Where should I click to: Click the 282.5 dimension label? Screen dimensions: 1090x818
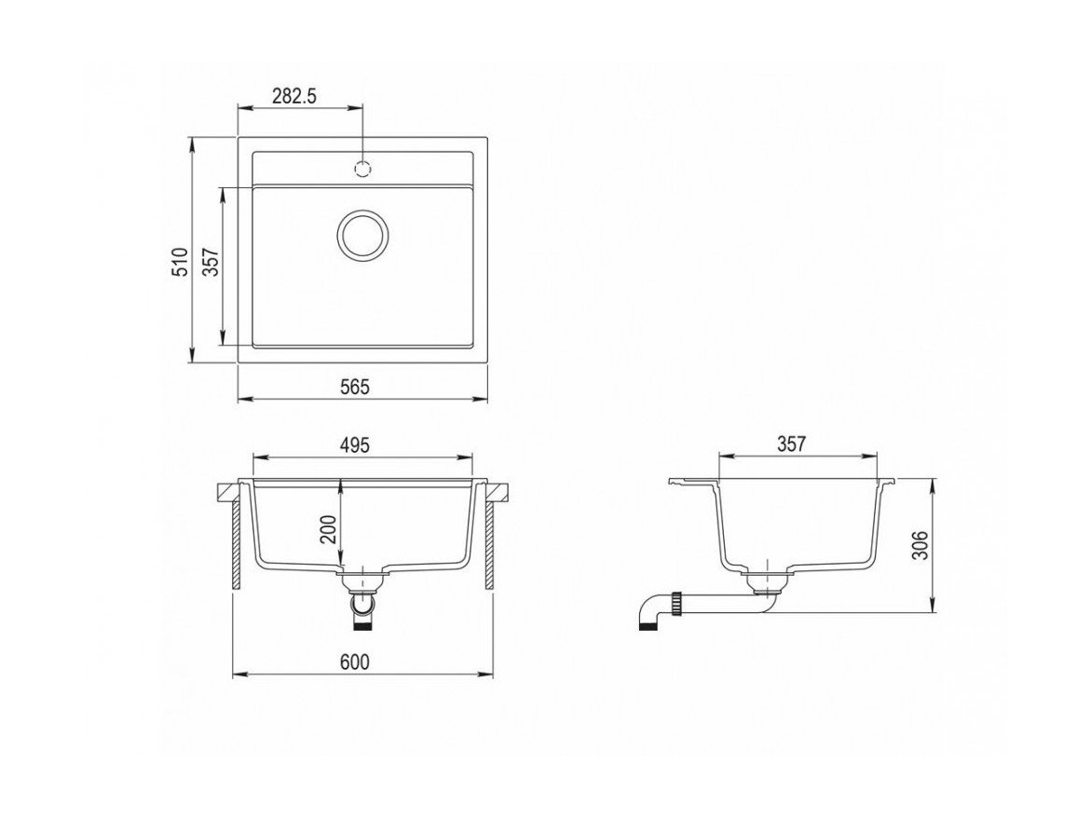[x=294, y=96]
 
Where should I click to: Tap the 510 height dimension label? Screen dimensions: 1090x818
[x=180, y=263]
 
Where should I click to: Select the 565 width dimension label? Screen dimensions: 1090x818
[x=355, y=388]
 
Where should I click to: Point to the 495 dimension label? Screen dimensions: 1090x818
[x=355, y=444]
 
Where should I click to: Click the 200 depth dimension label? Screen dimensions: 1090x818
[x=330, y=529]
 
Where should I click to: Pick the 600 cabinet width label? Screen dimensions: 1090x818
[x=355, y=662]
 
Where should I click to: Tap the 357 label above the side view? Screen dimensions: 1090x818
[x=791, y=443]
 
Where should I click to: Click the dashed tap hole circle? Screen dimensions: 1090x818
[x=363, y=169]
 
